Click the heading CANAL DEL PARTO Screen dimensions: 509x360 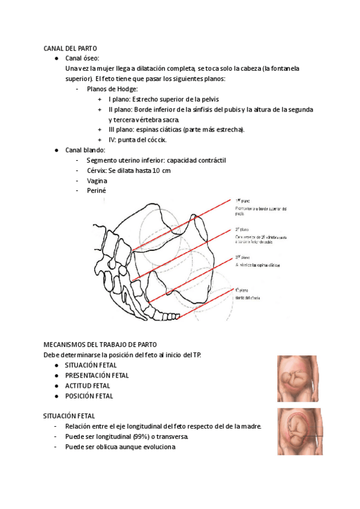70,48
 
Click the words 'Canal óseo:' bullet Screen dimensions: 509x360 83,58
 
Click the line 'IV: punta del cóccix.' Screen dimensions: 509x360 137,140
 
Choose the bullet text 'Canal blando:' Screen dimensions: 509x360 85,150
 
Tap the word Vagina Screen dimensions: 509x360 97,181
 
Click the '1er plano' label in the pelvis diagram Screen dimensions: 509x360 242,201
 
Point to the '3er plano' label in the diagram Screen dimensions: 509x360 242,257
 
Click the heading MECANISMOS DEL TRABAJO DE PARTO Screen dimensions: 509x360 100,345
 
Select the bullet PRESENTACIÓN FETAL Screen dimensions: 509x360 97,375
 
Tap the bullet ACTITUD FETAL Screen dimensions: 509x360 88,385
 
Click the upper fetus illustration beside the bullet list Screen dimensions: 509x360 298,379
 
